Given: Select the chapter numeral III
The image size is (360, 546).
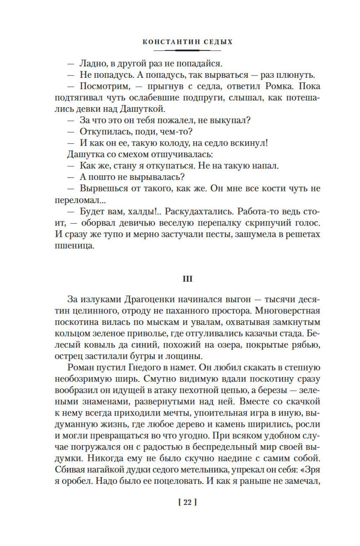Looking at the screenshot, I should click(x=188, y=279).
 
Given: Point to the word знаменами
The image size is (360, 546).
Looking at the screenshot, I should click(x=82, y=402).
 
